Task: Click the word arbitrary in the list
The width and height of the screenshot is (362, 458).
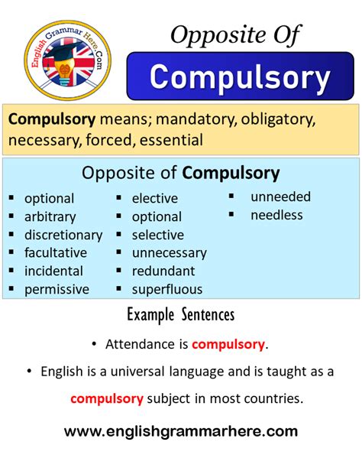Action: coord(50,217)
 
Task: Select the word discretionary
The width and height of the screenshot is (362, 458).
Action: coord(63,235)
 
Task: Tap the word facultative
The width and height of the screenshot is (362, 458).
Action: coord(56,252)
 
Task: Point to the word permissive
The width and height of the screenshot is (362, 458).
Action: coord(57,290)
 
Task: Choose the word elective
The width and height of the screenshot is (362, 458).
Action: coord(155,199)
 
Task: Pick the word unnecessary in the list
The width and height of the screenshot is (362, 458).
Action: coord(170,253)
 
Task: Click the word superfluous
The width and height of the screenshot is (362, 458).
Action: coord(167,290)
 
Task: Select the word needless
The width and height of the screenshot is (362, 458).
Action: coord(276,215)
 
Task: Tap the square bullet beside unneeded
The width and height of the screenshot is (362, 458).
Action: coord(231,196)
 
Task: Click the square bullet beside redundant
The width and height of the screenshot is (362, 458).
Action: coord(118,271)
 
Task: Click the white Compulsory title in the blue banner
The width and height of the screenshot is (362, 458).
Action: coord(240,77)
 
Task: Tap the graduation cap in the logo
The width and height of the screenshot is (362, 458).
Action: coord(63,52)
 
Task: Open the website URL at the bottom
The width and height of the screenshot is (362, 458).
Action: coord(181,431)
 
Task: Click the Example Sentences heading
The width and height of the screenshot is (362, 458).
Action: coord(181,314)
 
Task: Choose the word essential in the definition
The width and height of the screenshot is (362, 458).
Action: coord(171,140)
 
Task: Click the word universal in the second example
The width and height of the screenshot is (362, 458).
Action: coord(137,372)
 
